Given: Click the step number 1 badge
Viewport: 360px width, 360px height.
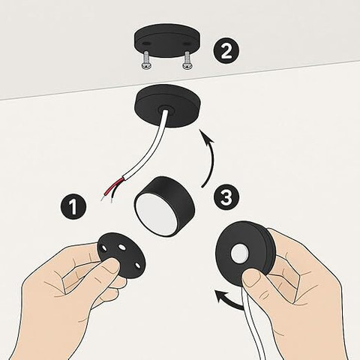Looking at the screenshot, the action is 73,207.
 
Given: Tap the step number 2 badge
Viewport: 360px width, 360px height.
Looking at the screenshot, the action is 226,52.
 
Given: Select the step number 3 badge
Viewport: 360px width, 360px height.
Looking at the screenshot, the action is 226,197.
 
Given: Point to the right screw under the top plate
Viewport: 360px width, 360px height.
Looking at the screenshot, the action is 187,61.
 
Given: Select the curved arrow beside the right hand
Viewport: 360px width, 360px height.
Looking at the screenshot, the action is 229,299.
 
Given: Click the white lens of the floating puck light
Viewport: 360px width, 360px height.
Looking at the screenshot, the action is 154,214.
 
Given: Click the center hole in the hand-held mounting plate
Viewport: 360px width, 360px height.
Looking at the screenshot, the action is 122,247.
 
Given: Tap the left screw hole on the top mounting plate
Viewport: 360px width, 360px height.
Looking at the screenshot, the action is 145,43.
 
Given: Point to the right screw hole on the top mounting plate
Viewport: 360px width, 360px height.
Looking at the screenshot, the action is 186,44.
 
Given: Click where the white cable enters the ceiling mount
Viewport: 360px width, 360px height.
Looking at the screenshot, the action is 165,109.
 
